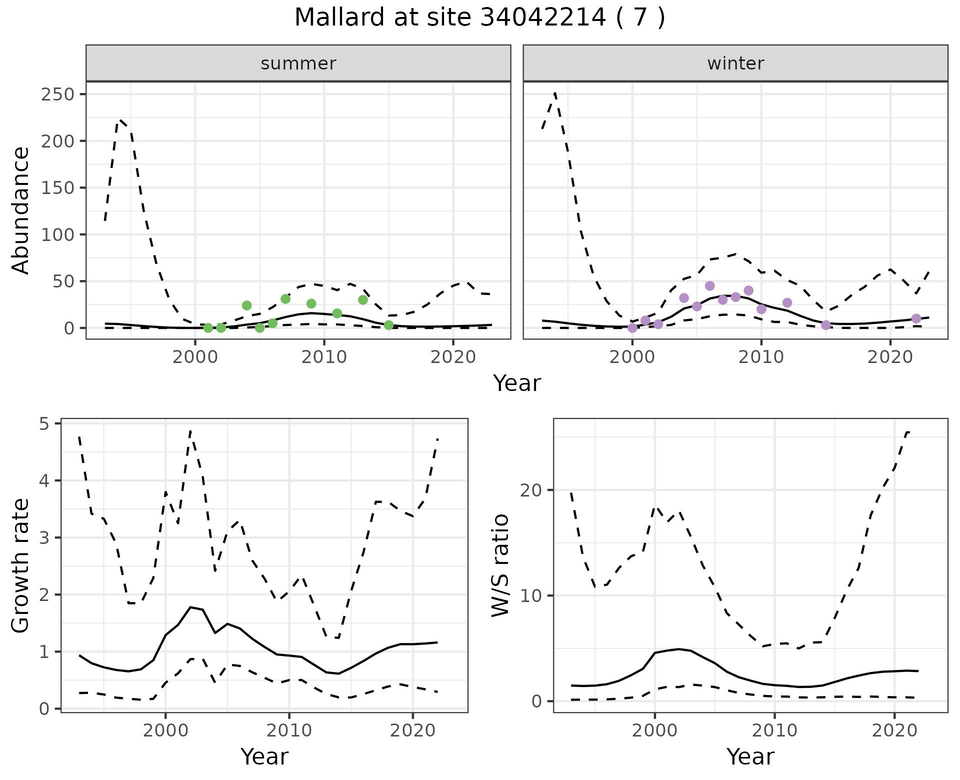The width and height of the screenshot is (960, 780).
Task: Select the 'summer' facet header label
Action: coord(298,63)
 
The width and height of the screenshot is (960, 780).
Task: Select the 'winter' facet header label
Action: coord(735,63)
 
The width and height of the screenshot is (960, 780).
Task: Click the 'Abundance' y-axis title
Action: coord(21,210)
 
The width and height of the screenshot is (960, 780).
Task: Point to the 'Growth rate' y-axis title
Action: coord(21,566)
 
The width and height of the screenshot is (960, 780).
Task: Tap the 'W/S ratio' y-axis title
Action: coord(500,566)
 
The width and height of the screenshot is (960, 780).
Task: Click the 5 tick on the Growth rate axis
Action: coord(49,424)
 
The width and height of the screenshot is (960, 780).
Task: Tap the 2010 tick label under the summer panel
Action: coord(324,357)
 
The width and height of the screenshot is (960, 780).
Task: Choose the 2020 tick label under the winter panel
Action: coord(890,357)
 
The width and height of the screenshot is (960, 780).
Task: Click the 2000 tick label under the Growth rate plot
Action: coord(165,730)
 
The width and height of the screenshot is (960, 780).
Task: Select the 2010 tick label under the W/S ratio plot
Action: coord(774,730)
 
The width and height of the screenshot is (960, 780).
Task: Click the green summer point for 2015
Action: coord(388,325)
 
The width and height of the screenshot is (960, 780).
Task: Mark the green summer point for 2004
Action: coord(246,305)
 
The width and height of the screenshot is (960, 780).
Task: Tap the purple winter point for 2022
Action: coord(916,318)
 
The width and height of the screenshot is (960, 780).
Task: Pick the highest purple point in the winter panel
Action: coord(709,286)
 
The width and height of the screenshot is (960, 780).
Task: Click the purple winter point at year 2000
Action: coord(632,328)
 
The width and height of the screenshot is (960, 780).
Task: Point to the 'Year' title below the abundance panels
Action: coord(517,383)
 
